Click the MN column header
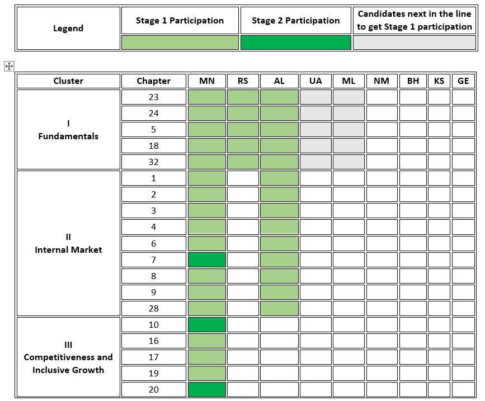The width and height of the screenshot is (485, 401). coord(206,81)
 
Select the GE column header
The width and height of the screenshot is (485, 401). coord(463,81)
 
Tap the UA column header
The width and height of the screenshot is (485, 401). coord(316,81)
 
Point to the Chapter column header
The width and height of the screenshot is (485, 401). coord(153,81)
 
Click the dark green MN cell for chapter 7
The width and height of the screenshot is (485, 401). coord(207,260)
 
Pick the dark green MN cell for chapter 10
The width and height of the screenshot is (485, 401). coord(207,324)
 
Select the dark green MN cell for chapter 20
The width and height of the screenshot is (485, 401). coord(207,390)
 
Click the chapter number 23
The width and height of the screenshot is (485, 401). coord(153,97)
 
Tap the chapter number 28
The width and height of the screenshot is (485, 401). coord(153,308)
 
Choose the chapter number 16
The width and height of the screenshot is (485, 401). coord(153,341)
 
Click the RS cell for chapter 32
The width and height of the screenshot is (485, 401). coord(243,162)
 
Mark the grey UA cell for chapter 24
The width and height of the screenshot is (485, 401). coord(316,113)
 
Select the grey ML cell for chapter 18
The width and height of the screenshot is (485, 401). coord(349,145)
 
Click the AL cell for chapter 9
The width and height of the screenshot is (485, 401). coord(279,292)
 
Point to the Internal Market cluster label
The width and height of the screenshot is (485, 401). coord(68,250)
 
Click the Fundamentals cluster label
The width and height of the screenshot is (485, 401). coord(68,136)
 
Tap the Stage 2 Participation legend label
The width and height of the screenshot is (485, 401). coord(296,20)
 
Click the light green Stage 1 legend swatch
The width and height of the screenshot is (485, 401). coord(180,43)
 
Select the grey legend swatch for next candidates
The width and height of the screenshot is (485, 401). coord(415,43)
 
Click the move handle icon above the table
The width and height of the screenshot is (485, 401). coord(9,66)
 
